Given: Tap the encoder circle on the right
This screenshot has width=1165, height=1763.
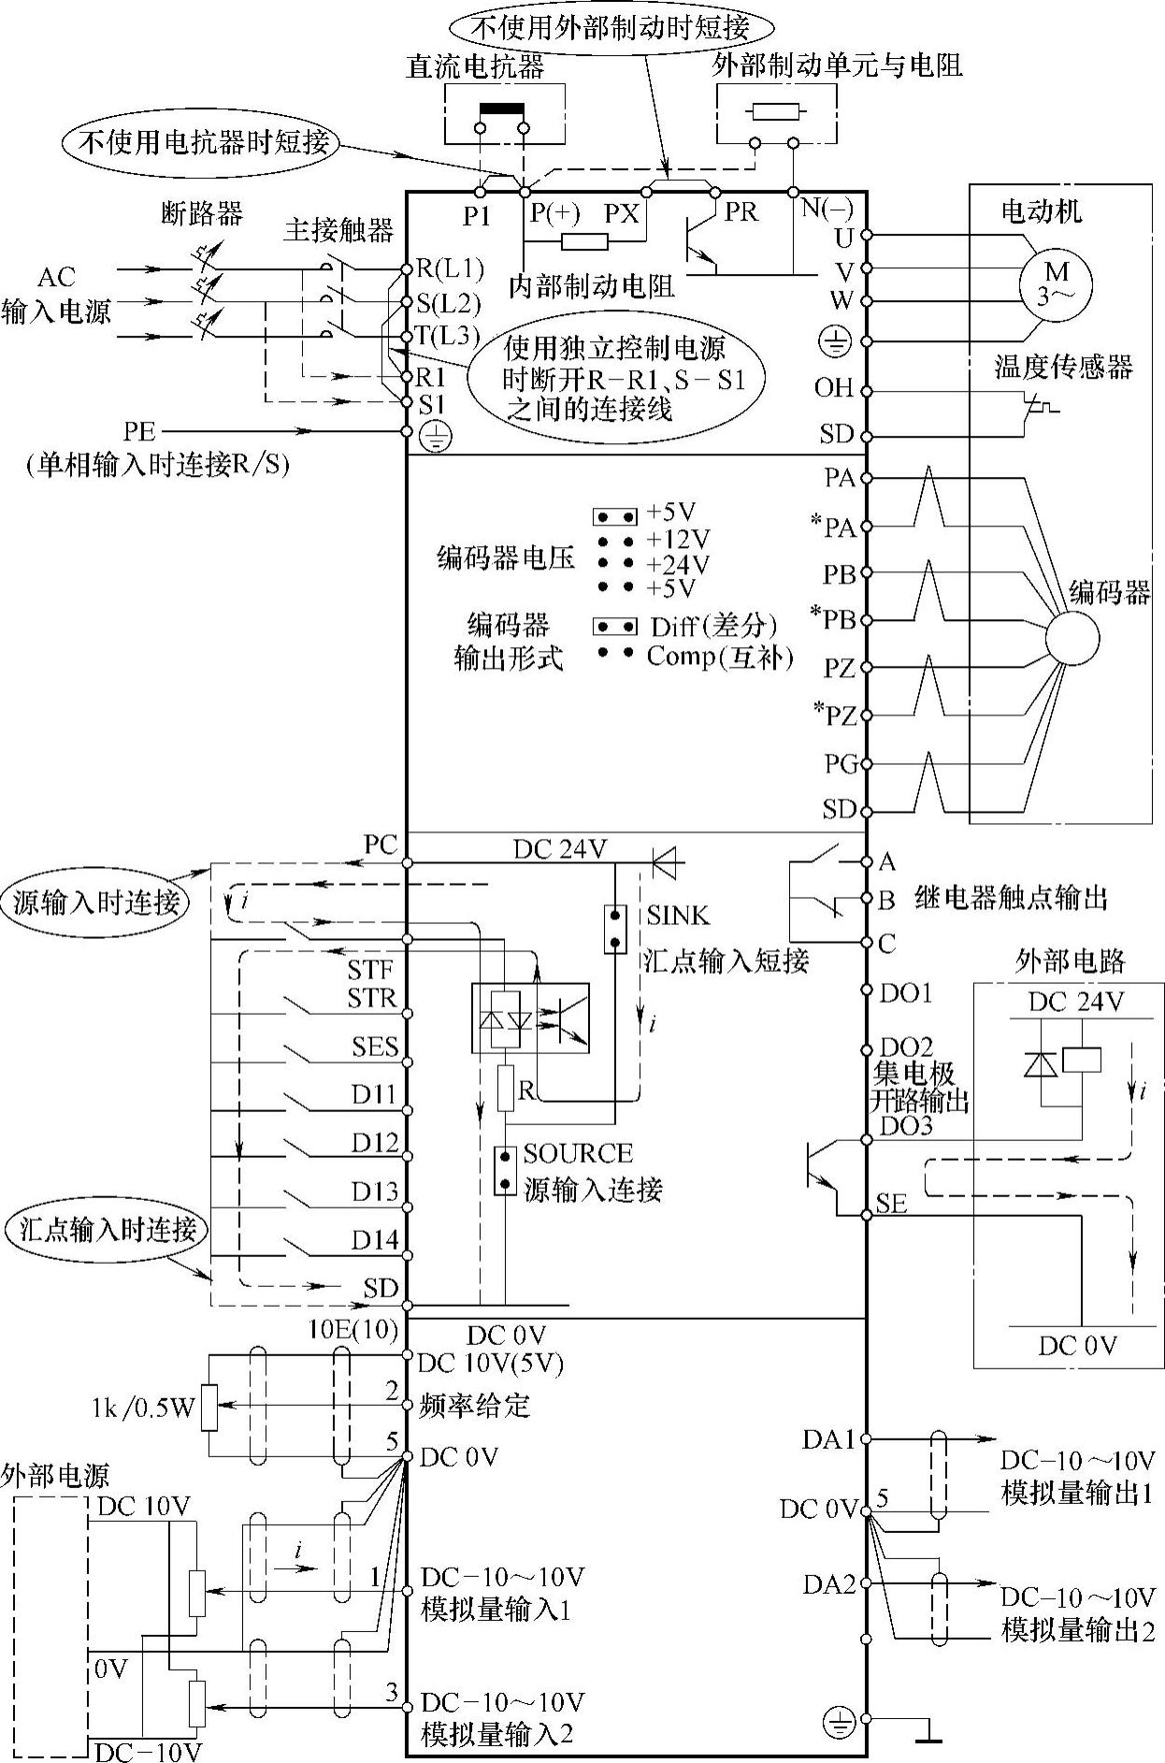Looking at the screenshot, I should (1072, 639).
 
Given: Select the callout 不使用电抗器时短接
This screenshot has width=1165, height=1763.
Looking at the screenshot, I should (201, 143).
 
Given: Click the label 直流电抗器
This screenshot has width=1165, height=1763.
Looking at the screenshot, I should (475, 66).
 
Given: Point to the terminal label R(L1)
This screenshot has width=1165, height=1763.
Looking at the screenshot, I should (450, 269).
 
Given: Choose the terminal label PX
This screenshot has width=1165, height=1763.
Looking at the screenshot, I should (621, 214).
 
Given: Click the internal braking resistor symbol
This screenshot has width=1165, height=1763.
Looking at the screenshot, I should (584, 242).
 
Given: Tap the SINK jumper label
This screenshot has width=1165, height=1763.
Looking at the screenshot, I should (678, 915).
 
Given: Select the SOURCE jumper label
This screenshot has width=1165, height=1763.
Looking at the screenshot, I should (578, 1153).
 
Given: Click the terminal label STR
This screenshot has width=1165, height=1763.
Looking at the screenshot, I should (372, 998).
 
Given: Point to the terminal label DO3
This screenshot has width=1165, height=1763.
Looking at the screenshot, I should (906, 1125).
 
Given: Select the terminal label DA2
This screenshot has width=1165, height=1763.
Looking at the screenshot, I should (829, 1585).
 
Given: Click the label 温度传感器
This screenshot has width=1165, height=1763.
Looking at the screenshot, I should (1063, 367).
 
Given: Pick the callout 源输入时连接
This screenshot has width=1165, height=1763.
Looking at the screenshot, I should (96, 903).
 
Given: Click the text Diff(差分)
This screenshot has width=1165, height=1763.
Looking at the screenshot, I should (714, 627).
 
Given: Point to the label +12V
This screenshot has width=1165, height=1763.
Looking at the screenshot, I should (678, 540).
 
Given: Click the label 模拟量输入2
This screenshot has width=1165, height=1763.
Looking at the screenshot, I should (497, 1735).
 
